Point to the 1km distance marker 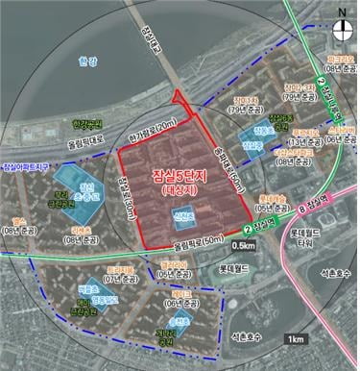coord(296,338)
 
